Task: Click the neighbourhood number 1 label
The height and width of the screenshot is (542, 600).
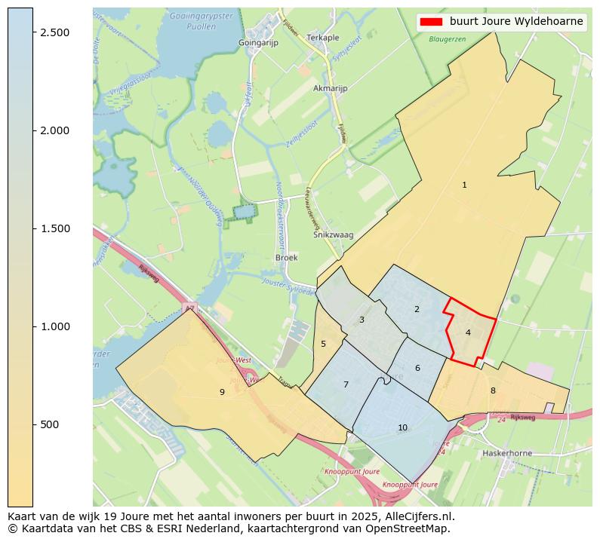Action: pyautogui.click(x=464, y=185)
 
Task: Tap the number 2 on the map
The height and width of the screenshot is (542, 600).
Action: pyautogui.click(x=417, y=309)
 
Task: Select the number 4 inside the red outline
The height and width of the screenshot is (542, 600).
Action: pyautogui.click(x=468, y=332)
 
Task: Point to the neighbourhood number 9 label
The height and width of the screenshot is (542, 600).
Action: pyautogui.click(x=222, y=392)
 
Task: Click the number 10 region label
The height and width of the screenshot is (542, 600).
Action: pyautogui.click(x=402, y=427)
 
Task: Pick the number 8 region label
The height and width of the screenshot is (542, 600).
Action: pyautogui.click(x=493, y=390)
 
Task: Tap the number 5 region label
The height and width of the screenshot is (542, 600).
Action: pyautogui.click(x=323, y=344)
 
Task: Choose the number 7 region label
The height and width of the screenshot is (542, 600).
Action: pyautogui.click(x=346, y=384)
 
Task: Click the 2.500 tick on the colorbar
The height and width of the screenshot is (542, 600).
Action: pyautogui.click(x=55, y=32)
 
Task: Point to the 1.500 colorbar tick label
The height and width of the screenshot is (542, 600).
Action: pyautogui.click(x=55, y=228)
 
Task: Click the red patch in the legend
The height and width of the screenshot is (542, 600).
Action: pyautogui.click(x=432, y=22)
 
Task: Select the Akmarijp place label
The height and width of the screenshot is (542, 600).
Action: pyautogui.click(x=330, y=88)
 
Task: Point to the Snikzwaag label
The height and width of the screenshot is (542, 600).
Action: pyautogui.click(x=333, y=235)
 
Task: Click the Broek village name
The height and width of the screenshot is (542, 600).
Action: pyautogui.click(x=287, y=257)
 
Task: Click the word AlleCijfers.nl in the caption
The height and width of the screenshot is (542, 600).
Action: pyautogui.click(x=416, y=516)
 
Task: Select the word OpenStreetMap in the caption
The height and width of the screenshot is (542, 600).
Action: pyautogui.click(x=414, y=528)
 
